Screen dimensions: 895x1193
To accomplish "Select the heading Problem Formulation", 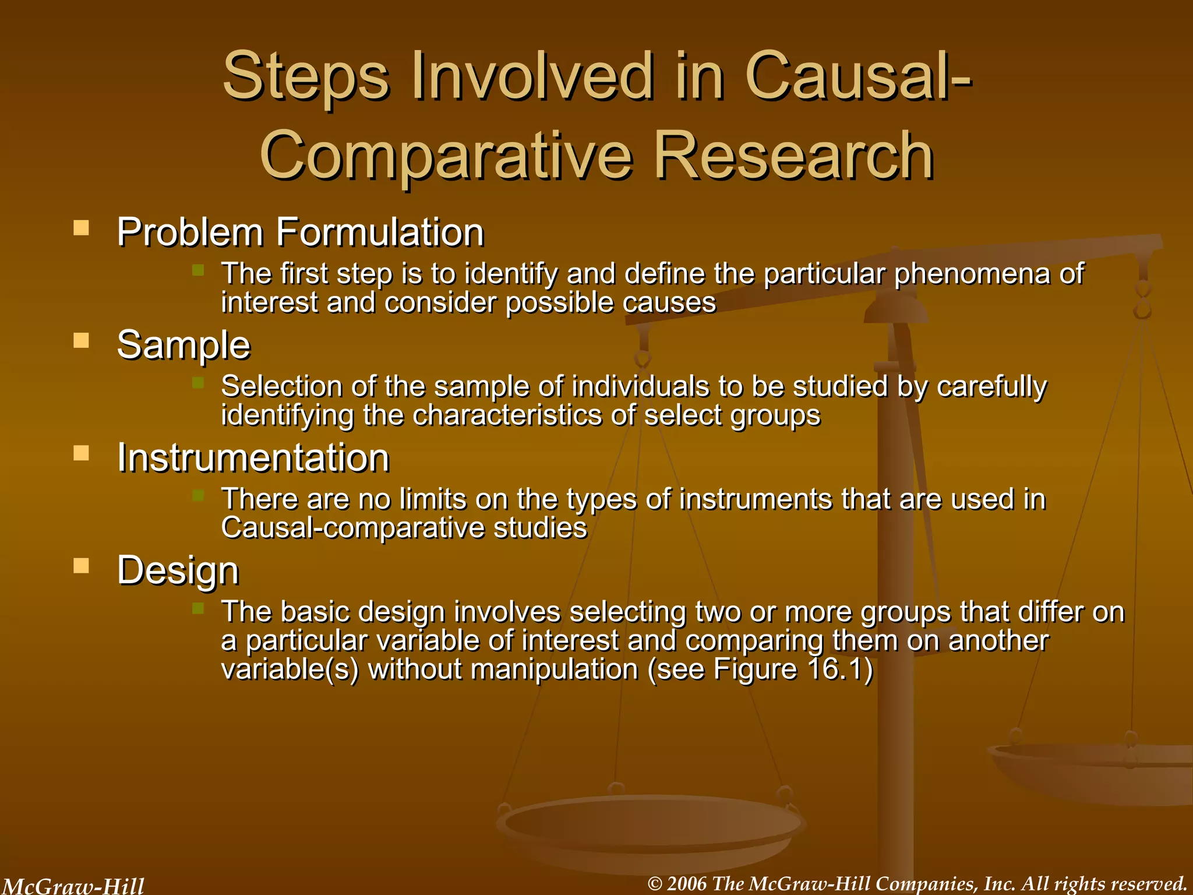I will tap(301, 232).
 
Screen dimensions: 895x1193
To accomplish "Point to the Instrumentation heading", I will tap(253, 457).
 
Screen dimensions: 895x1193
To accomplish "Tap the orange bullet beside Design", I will tap(81, 565).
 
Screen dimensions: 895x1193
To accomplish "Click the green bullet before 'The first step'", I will tap(198, 270).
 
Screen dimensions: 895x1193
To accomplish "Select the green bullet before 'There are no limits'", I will tap(198, 495).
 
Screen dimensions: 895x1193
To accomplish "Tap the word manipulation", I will tap(555, 669).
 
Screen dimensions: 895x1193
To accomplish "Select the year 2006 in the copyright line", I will tap(687, 884).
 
